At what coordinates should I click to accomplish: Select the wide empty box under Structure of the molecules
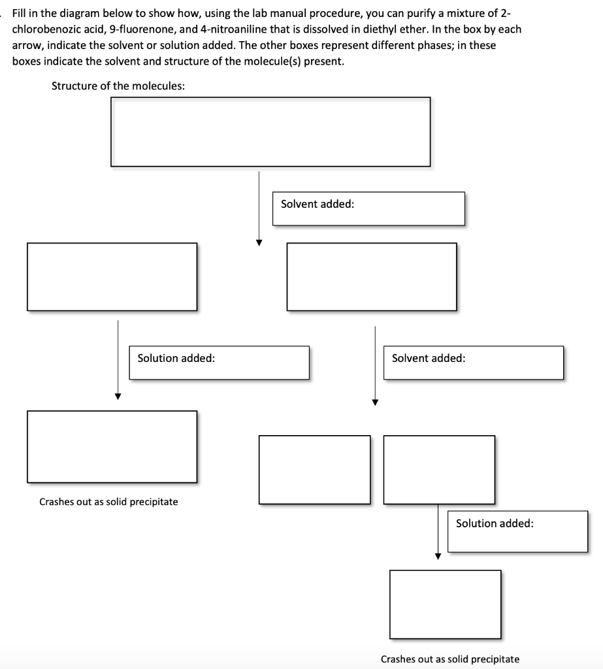[270, 131]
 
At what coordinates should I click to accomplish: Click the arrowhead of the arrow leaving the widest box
[259, 242]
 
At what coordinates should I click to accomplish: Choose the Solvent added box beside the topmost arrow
[368, 208]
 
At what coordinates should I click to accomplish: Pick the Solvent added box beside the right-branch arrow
[473, 363]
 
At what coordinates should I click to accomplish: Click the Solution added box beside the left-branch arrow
[219, 363]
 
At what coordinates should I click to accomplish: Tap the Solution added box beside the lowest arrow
[517, 531]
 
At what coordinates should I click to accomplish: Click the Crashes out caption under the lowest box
[450, 659]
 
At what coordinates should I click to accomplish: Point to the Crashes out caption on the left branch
[108, 502]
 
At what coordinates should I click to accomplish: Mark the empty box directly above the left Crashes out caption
[112, 447]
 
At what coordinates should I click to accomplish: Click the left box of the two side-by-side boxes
[315, 469]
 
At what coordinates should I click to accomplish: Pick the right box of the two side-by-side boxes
[439, 469]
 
